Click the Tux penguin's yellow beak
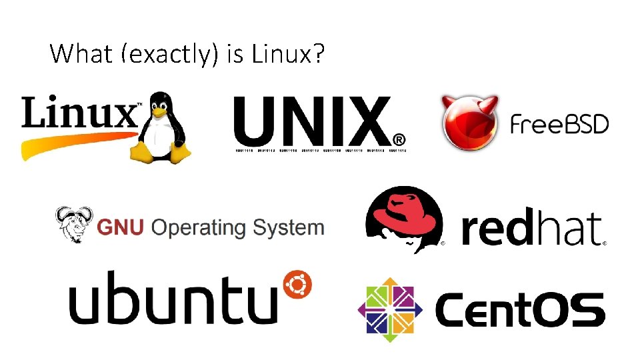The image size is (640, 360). [x=159, y=113]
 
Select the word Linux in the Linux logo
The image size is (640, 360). [x=79, y=113]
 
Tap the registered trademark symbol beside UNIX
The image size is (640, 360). [x=399, y=139]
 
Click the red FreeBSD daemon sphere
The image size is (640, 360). [x=469, y=124]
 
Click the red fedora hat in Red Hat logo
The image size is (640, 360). [x=403, y=213]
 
